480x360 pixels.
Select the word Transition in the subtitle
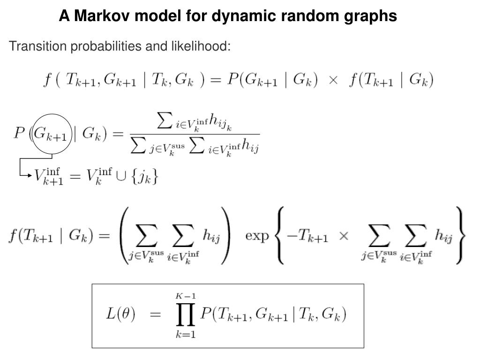point(31,46)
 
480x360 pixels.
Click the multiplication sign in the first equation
point(333,80)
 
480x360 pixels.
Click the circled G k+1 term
point(51,135)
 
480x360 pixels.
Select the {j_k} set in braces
point(146,177)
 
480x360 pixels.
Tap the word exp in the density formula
point(257,235)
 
